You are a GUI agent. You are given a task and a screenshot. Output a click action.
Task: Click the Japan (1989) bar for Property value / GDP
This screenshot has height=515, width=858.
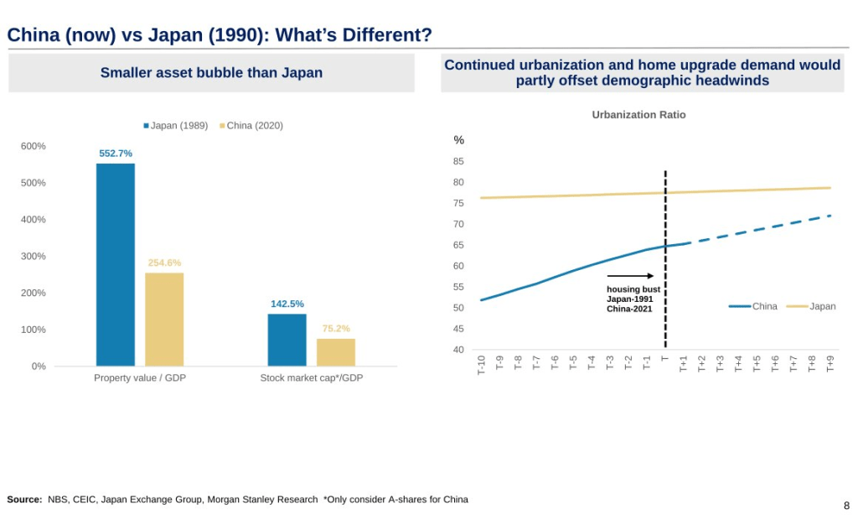pyautogui.click(x=116, y=264)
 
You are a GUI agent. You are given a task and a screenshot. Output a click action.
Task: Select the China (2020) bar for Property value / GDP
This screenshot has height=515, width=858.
pyautogui.click(x=164, y=319)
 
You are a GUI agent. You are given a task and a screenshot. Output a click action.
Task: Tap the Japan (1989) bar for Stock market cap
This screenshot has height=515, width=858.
pyautogui.click(x=287, y=340)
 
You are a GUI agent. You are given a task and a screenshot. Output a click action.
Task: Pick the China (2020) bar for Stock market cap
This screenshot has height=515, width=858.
pyautogui.click(x=336, y=351)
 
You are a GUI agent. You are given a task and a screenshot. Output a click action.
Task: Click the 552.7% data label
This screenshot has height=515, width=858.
pyautogui.click(x=116, y=153)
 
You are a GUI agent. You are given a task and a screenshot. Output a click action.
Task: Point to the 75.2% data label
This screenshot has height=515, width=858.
pyautogui.click(x=336, y=329)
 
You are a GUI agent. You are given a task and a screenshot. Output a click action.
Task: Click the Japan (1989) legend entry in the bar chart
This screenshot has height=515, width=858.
pyautogui.click(x=176, y=126)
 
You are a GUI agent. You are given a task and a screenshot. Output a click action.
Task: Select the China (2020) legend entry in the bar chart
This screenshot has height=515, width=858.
pyautogui.click(x=251, y=126)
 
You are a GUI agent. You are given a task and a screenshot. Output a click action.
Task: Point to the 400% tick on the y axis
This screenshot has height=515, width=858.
pyautogui.click(x=34, y=220)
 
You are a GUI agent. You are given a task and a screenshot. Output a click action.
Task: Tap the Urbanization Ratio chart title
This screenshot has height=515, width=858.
pyautogui.click(x=638, y=115)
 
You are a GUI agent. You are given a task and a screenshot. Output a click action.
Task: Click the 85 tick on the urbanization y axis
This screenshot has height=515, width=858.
pyautogui.click(x=459, y=161)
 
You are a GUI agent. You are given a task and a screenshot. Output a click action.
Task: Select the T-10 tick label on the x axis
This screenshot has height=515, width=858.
pyautogui.click(x=481, y=365)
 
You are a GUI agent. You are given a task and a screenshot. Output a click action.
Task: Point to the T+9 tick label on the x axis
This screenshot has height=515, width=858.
pyautogui.click(x=830, y=365)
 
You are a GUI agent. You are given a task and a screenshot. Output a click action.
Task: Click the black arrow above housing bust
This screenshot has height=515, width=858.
pyautogui.click(x=630, y=275)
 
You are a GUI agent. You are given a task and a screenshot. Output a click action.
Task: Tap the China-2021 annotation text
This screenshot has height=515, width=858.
pyautogui.click(x=629, y=309)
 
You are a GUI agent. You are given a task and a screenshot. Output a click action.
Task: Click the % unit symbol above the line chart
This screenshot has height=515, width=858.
pyautogui.click(x=459, y=140)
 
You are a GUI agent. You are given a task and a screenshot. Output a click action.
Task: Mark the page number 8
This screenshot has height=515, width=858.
pyautogui.click(x=846, y=505)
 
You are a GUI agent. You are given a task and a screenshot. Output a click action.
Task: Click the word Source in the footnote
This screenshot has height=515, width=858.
pyautogui.click(x=24, y=499)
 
